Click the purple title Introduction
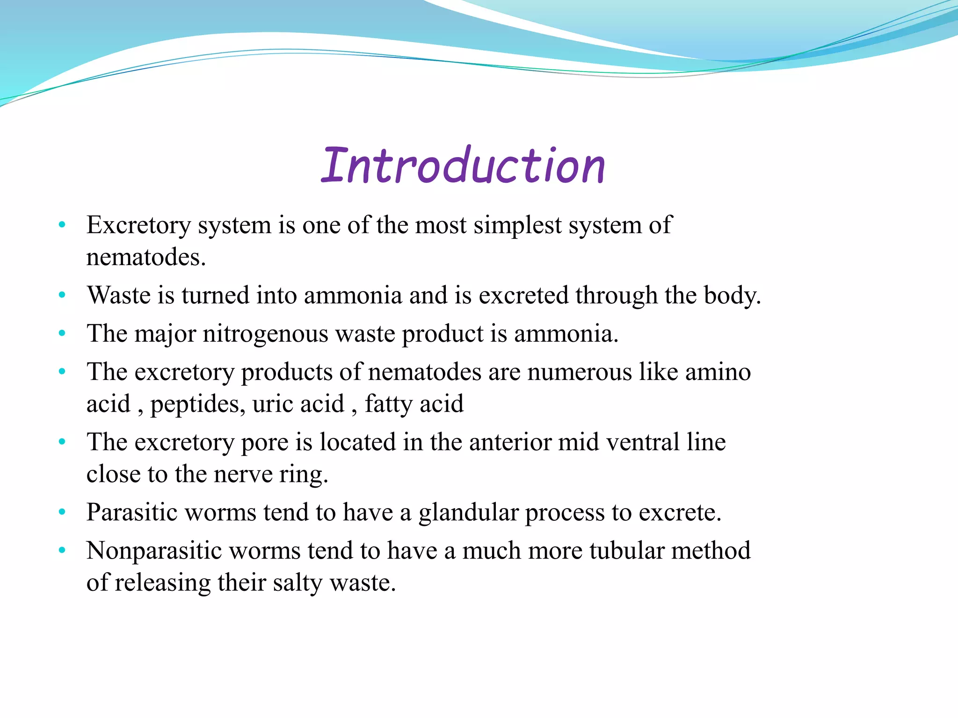point(463,165)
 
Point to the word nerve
point(243,474)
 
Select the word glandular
point(468,512)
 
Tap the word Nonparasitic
point(154,551)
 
